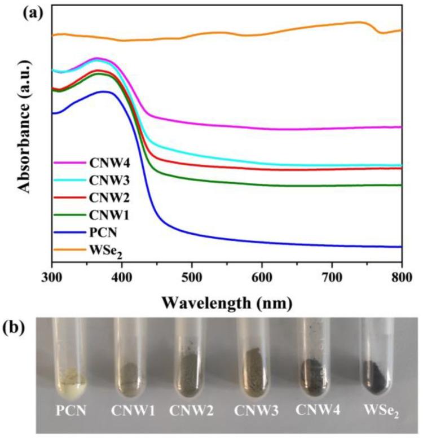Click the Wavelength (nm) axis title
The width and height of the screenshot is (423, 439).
[x=227, y=303]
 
